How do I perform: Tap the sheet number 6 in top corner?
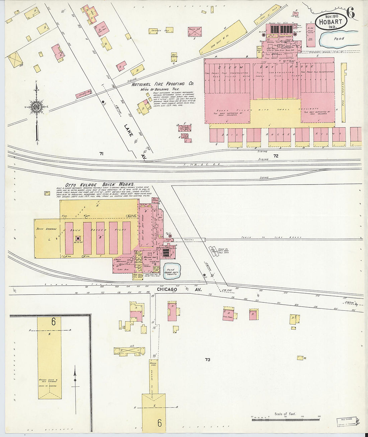(x=351, y=12)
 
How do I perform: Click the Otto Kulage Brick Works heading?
(x=100, y=185)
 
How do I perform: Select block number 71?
(x=101, y=154)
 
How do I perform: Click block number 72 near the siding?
(x=276, y=156)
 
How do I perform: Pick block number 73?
(x=207, y=360)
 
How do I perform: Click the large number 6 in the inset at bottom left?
(x=54, y=322)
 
